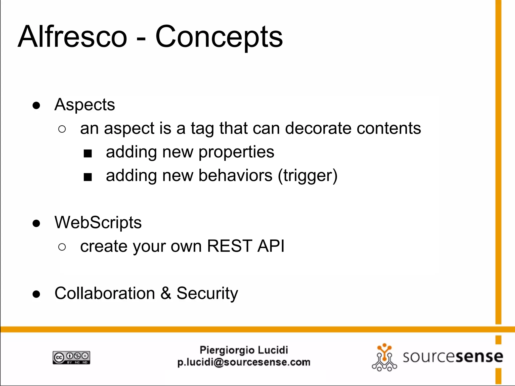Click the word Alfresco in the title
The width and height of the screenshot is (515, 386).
pyautogui.click(x=72, y=37)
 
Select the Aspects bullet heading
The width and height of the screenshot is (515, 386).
pyautogui.click(x=84, y=105)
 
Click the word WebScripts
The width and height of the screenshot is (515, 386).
pyautogui.click(x=98, y=223)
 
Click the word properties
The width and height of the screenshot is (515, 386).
pyautogui.click(x=236, y=152)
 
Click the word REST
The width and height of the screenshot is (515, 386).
pyautogui.click(x=229, y=246)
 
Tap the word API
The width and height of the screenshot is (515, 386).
pyautogui.click(x=271, y=246)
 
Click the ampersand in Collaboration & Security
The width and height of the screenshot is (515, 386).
pyautogui.click(x=166, y=293)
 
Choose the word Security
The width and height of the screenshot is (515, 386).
pyautogui.click(x=207, y=294)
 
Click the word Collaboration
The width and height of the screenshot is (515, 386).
pyautogui.click(x=105, y=293)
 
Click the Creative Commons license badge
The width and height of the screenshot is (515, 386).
pyautogui.click(x=71, y=357)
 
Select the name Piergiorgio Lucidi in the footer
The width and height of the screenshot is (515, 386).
pyautogui.click(x=244, y=350)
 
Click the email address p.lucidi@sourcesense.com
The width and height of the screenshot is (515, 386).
pyautogui.click(x=244, y=362)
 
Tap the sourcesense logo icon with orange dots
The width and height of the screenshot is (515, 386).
pyautogui.click(x=384, y=357)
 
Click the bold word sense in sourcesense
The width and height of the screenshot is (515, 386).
pyautogui.click(x=479, y=357)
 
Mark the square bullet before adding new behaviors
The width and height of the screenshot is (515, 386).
pyautogui.click(x=88, y=177)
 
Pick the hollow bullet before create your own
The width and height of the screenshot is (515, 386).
pyautogui.click(x=62, y=247)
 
